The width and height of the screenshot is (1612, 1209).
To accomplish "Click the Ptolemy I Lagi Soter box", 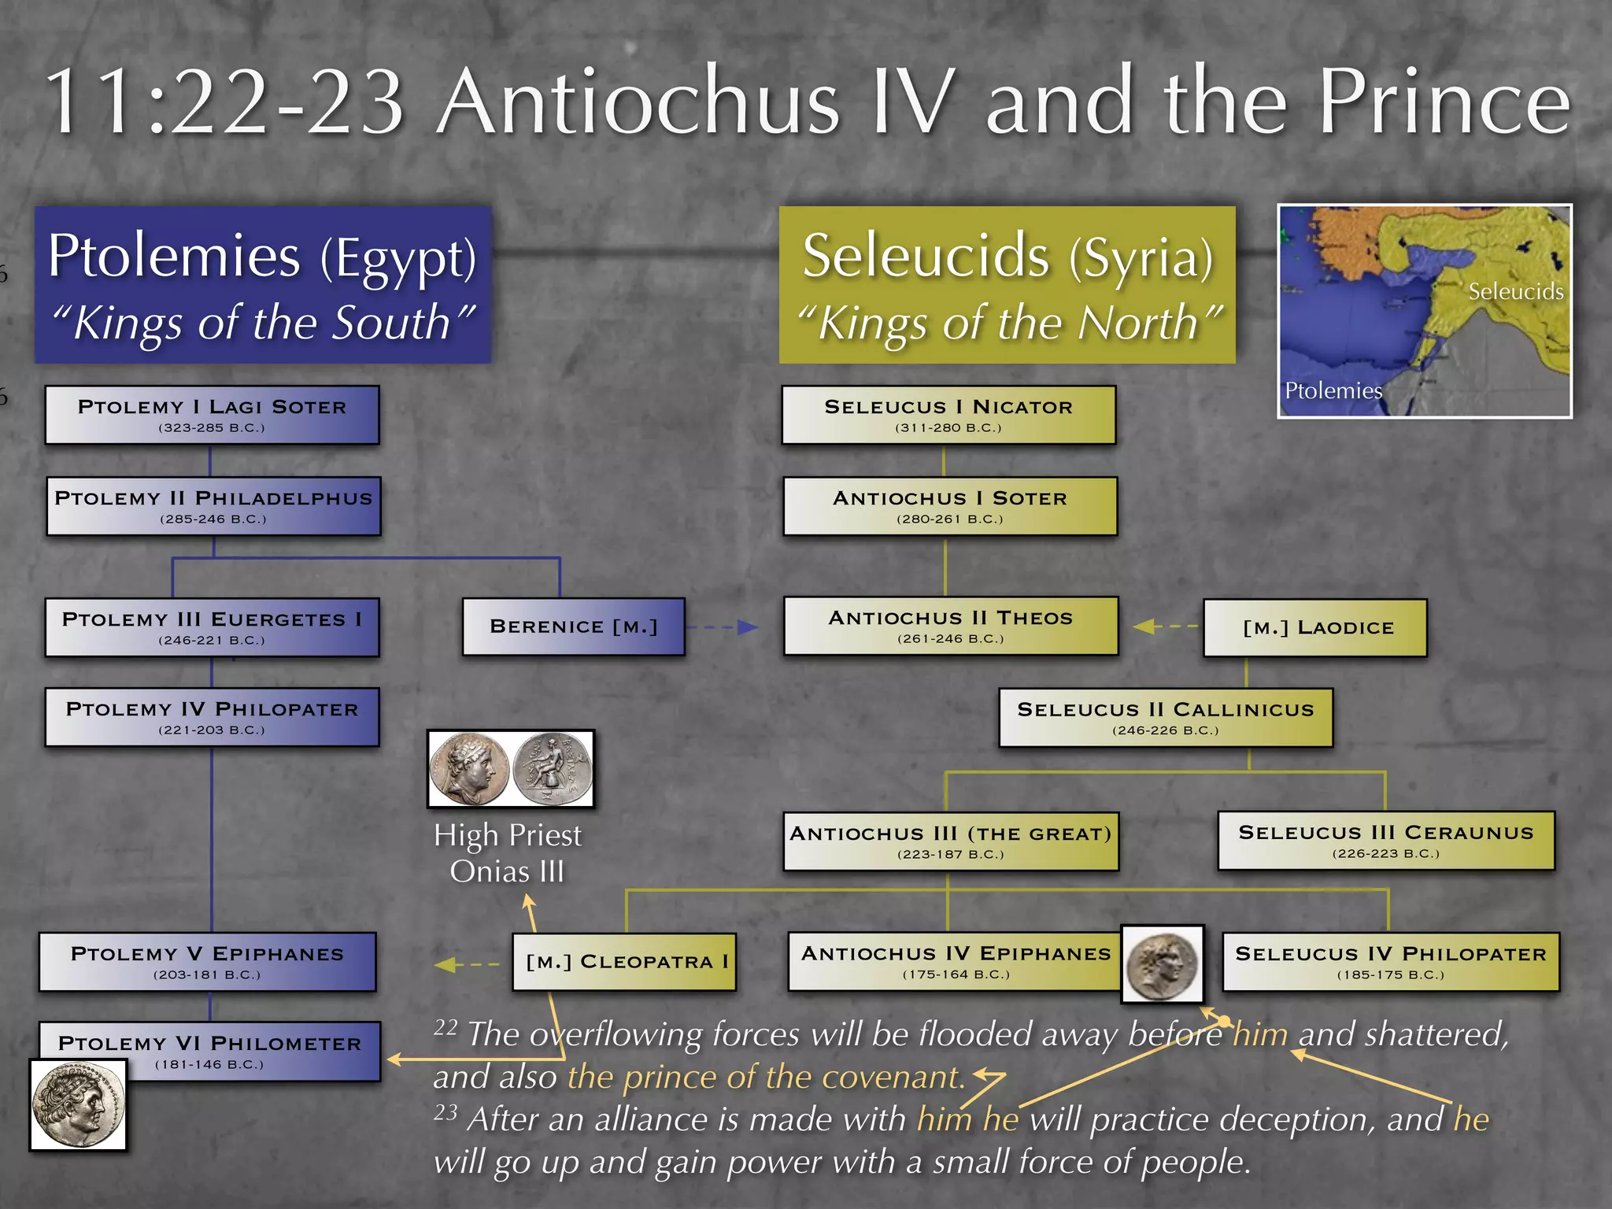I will [212, 415].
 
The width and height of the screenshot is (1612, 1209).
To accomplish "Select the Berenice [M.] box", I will [573, 627].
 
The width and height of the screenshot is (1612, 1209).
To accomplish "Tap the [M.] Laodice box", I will [1314, 627].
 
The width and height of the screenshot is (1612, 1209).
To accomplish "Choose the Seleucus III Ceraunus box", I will [1385, 841].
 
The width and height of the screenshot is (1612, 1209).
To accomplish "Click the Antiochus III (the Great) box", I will [950, 841].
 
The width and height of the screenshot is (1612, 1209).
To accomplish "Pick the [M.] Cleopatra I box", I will [624, 961].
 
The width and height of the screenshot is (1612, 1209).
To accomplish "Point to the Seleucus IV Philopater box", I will [1390, 962].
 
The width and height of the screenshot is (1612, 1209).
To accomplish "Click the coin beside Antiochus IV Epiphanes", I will [1163, 964].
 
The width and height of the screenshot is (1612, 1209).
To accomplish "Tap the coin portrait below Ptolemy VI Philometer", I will [78, 1104].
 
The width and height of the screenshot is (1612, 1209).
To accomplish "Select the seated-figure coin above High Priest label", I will [551, 769].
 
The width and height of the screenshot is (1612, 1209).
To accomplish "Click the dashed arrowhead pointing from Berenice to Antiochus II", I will [748, 627].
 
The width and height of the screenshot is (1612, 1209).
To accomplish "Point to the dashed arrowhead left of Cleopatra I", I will [445, 964].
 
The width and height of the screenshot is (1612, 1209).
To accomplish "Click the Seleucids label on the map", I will [1515, 292].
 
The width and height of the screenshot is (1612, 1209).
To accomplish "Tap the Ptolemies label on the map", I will [1333, 390].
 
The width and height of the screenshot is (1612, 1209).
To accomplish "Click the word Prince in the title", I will [1444, 102].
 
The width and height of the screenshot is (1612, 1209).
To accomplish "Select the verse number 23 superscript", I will [446, 1112].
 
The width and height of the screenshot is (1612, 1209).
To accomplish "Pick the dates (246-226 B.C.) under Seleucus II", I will [1165, 730].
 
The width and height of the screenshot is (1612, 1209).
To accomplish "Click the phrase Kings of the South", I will [262, 323].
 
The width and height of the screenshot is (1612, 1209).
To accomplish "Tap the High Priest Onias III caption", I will [508, 853].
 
